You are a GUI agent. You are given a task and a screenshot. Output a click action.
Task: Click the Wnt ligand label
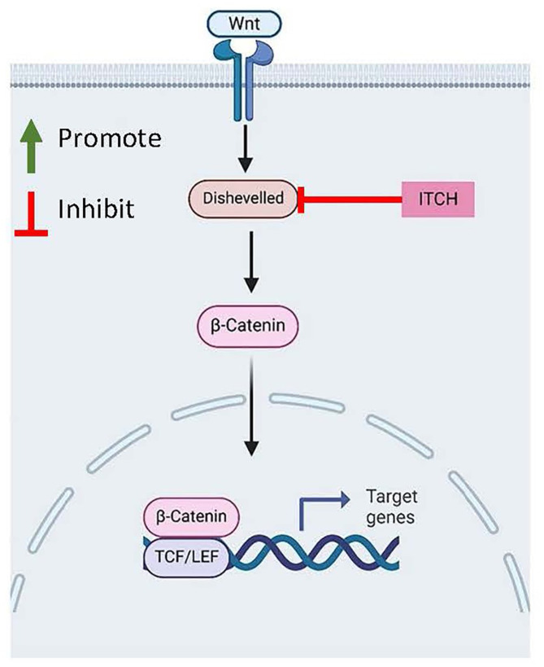(244, 23)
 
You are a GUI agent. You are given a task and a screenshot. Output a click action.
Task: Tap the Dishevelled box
(243, 198)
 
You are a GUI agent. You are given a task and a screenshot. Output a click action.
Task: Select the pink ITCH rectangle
(437, 199)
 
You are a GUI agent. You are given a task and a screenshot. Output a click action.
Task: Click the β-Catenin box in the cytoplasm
(248, 326)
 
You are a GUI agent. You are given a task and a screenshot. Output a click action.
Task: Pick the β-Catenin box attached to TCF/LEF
(191, 516)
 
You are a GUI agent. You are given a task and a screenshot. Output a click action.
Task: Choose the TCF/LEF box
(187, 556)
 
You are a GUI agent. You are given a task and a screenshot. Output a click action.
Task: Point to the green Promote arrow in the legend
(31, 146)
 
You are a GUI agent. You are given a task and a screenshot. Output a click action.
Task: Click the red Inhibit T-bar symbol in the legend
(31, 213)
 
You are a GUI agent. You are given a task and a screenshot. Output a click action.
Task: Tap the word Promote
(110, 138)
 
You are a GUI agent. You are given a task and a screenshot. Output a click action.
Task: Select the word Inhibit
(96, 208)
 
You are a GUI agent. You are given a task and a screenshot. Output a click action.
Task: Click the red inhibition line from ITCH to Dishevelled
(350, 199)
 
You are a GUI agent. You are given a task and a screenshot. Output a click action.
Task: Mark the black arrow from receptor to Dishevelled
(246, 148)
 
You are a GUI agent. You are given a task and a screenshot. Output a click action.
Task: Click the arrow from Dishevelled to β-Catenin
(251, 262)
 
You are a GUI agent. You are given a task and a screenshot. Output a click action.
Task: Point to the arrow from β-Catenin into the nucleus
(252, 406)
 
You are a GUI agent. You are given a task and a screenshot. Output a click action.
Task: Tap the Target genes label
(392, 507)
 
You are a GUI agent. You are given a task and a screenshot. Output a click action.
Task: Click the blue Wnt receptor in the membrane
(244, 80)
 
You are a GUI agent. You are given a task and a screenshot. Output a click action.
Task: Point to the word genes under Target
(390, 518)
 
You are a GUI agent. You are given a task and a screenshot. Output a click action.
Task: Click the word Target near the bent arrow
(392, 497)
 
